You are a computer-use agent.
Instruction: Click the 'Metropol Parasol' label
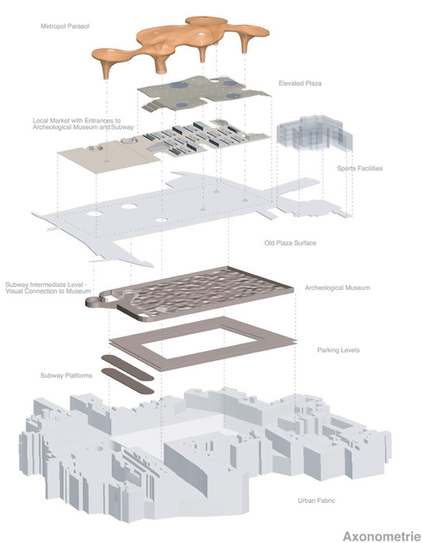pyautogui.click(x=64, y=26)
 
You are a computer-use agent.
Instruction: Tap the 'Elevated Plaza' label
pyautogui.click(x=300, y=84)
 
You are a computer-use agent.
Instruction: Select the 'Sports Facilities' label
pyautogui.click(x=359, y=168)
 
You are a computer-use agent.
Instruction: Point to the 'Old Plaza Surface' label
pyautogui.click(x=290, y=243)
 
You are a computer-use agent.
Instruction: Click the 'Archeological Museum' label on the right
pyautogui.click(x=337, y=288)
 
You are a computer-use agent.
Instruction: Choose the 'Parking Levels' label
pyautogui.click(x=338, y=350)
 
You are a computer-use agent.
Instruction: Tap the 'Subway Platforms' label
pyautogui.click(x=66, y=375)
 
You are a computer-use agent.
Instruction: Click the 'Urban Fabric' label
pyautogui.click(x=317, y=500)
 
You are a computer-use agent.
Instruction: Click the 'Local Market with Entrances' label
pyautogui.click(x=77, y=120)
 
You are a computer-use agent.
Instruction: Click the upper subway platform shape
pyautogui.click(x=127, y=368)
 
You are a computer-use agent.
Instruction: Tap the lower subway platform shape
pyautogui.click(x=127, y=381)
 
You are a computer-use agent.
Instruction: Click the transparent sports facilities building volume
pyautogui.click(x=314, y=134)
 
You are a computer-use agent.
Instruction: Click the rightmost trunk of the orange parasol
pyautogui.click(x=245, y=43)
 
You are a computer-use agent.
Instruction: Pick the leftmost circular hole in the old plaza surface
pyautogui.click(x=95, y=213)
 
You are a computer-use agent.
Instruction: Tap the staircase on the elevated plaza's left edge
pyautogui.click(x=152, y=105)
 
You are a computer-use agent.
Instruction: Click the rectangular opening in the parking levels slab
pyautogui.click(x=200, y=344)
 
